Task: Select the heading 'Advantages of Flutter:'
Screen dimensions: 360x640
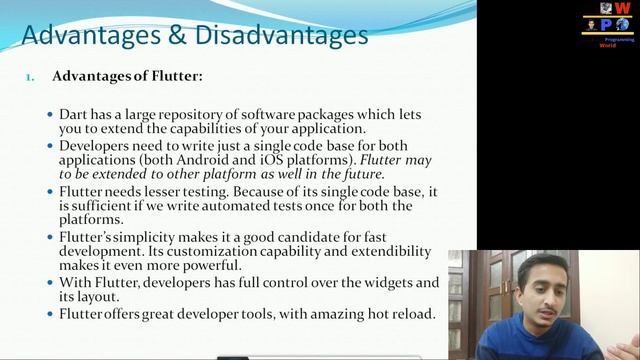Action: pos(127,75)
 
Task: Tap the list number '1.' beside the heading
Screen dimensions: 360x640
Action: pos(31,76)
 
